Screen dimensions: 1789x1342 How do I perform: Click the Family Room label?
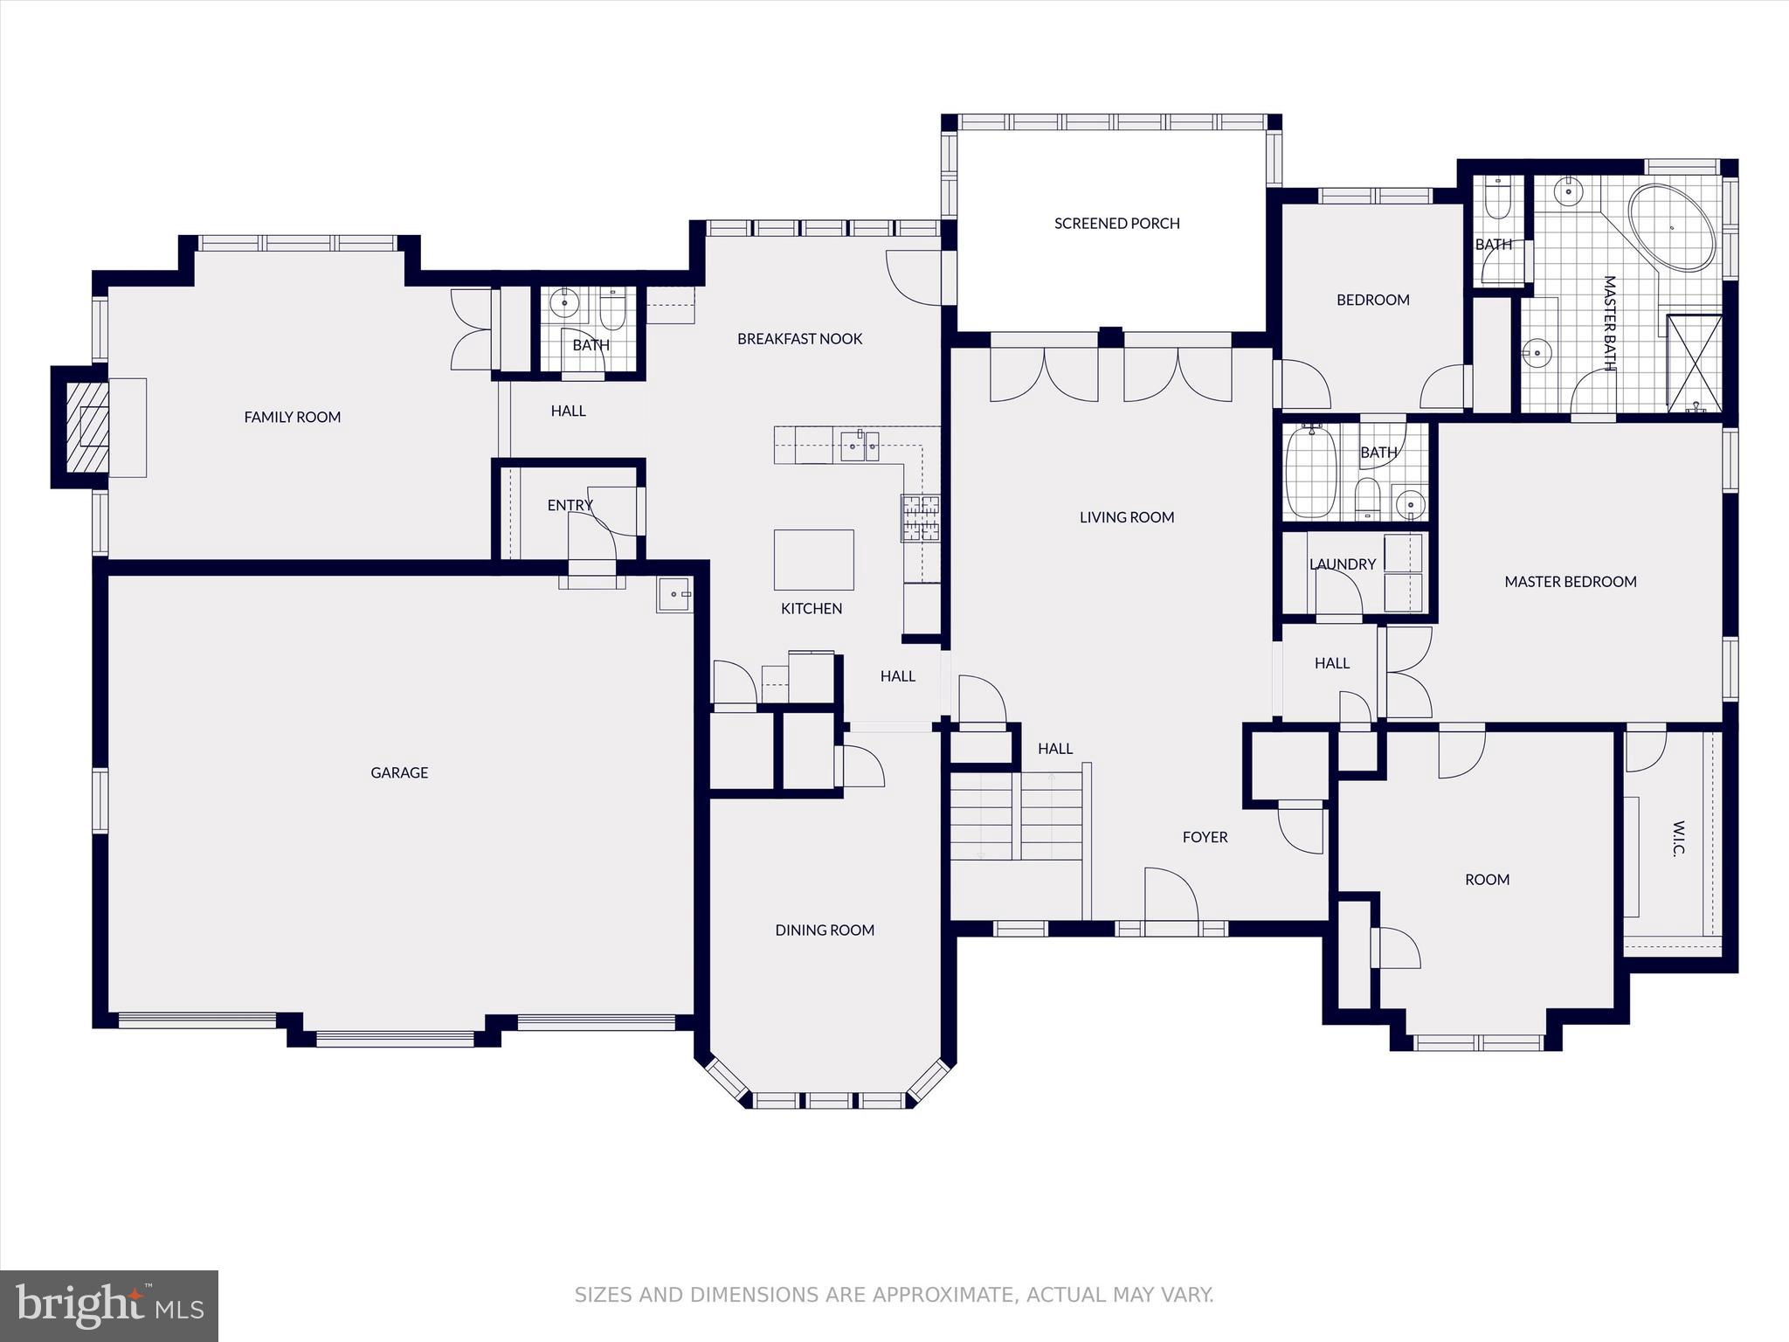tap(292, 418)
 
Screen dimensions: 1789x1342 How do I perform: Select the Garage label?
tap(399, 772)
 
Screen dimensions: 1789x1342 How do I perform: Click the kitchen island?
tap(813, 560)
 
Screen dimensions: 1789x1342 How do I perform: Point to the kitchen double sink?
tap(860, 446)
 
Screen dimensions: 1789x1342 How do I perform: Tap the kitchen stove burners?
tap(921, 516)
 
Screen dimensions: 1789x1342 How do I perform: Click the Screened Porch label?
tap(1117, 224)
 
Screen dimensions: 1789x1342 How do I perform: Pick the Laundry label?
tap(1343, 564)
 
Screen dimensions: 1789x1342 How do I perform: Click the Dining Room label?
tap(825, 930)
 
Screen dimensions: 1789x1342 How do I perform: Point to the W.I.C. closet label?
tap(1679, 839)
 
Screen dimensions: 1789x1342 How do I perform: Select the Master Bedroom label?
tap(1571, 582)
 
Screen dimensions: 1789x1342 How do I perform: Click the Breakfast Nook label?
tap(799, 339)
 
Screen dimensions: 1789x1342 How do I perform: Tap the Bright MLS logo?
tap(109, 1306)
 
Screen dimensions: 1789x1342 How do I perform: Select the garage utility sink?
tap(674, 595)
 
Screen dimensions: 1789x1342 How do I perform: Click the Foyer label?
tap(1205, 837)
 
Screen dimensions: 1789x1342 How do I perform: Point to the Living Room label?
tap(1127, 517)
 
